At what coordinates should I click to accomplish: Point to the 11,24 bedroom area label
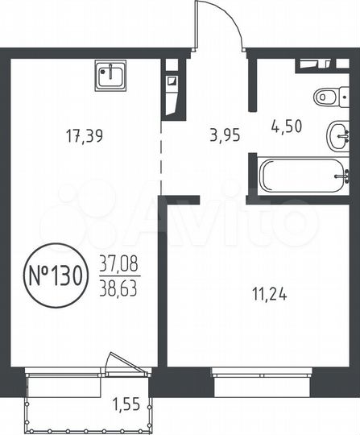(269, 294)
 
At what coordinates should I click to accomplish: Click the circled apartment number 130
(54, 275)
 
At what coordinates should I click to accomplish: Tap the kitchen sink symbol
(110, 76)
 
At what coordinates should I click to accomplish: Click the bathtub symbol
(302, 173)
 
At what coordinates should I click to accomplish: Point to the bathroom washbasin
(338, 135)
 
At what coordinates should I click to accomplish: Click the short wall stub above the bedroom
(182, 198)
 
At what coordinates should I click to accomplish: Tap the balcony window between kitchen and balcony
(64, 371)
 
